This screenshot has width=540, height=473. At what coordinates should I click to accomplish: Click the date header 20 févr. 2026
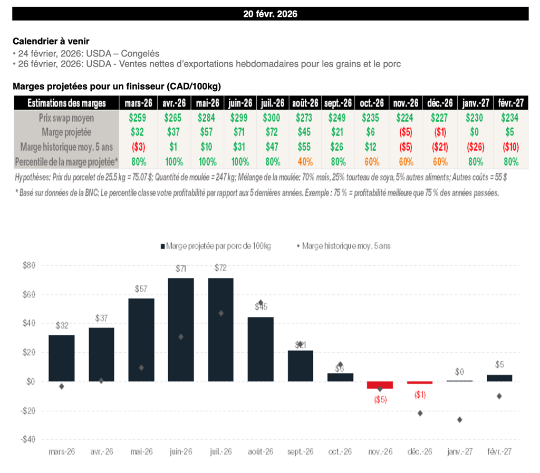pos(270,14)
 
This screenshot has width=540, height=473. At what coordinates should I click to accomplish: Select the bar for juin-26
pos(181,330)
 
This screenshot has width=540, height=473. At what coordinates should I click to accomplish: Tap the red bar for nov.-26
pos(380,385)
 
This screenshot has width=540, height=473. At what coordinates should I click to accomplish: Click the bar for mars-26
pos(62,358)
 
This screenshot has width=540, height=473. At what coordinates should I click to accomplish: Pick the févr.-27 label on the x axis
pos(499,452)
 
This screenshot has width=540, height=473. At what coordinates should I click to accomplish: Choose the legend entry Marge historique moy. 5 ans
pos(346,246)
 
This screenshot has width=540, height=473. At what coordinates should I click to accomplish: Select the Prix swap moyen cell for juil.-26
pos(272,117)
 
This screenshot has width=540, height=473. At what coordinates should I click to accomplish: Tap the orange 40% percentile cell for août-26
pos(306,161)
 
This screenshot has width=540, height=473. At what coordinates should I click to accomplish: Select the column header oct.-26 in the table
pos(371,103)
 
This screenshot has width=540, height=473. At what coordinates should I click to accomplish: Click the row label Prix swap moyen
pos(66,117)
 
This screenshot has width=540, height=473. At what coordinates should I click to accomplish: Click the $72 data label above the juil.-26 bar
pos(221,268)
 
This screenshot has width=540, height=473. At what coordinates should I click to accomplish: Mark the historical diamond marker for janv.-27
pos(460,420)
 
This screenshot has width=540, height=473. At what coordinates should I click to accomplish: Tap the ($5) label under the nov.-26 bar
pos(380,400)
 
